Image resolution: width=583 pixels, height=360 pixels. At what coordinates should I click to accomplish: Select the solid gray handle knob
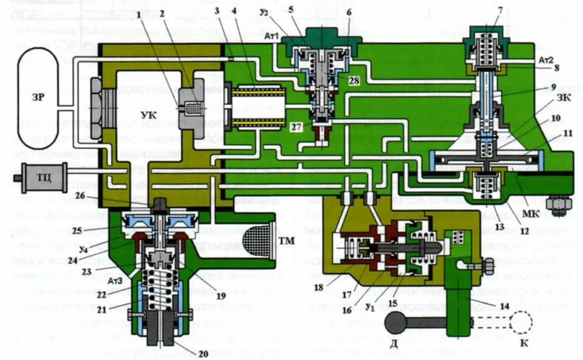pos(397,323)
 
